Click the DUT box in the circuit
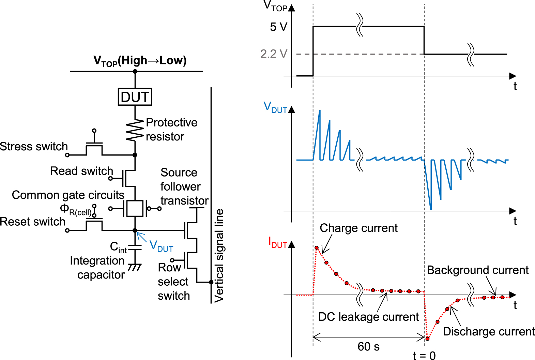[135, 97]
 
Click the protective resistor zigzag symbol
[135, 130]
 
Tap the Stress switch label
[34, 147]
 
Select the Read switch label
[81, 171]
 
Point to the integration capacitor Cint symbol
[135, 247]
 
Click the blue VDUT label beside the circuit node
[161, 246]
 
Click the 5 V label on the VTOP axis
[278, 27]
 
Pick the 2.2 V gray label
[274, 54]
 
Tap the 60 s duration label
[368, 347]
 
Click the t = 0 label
[424, 356]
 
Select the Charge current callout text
[358, 228]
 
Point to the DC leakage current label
[368, 317]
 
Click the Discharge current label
[489, 332]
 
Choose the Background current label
[477, 270]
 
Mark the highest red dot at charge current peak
[317, 248]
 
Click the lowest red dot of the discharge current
[427, 339]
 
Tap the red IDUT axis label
[277, 243]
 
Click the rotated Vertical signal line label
[219, 256]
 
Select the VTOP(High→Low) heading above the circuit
[140, 61]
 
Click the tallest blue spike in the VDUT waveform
[319, 112]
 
